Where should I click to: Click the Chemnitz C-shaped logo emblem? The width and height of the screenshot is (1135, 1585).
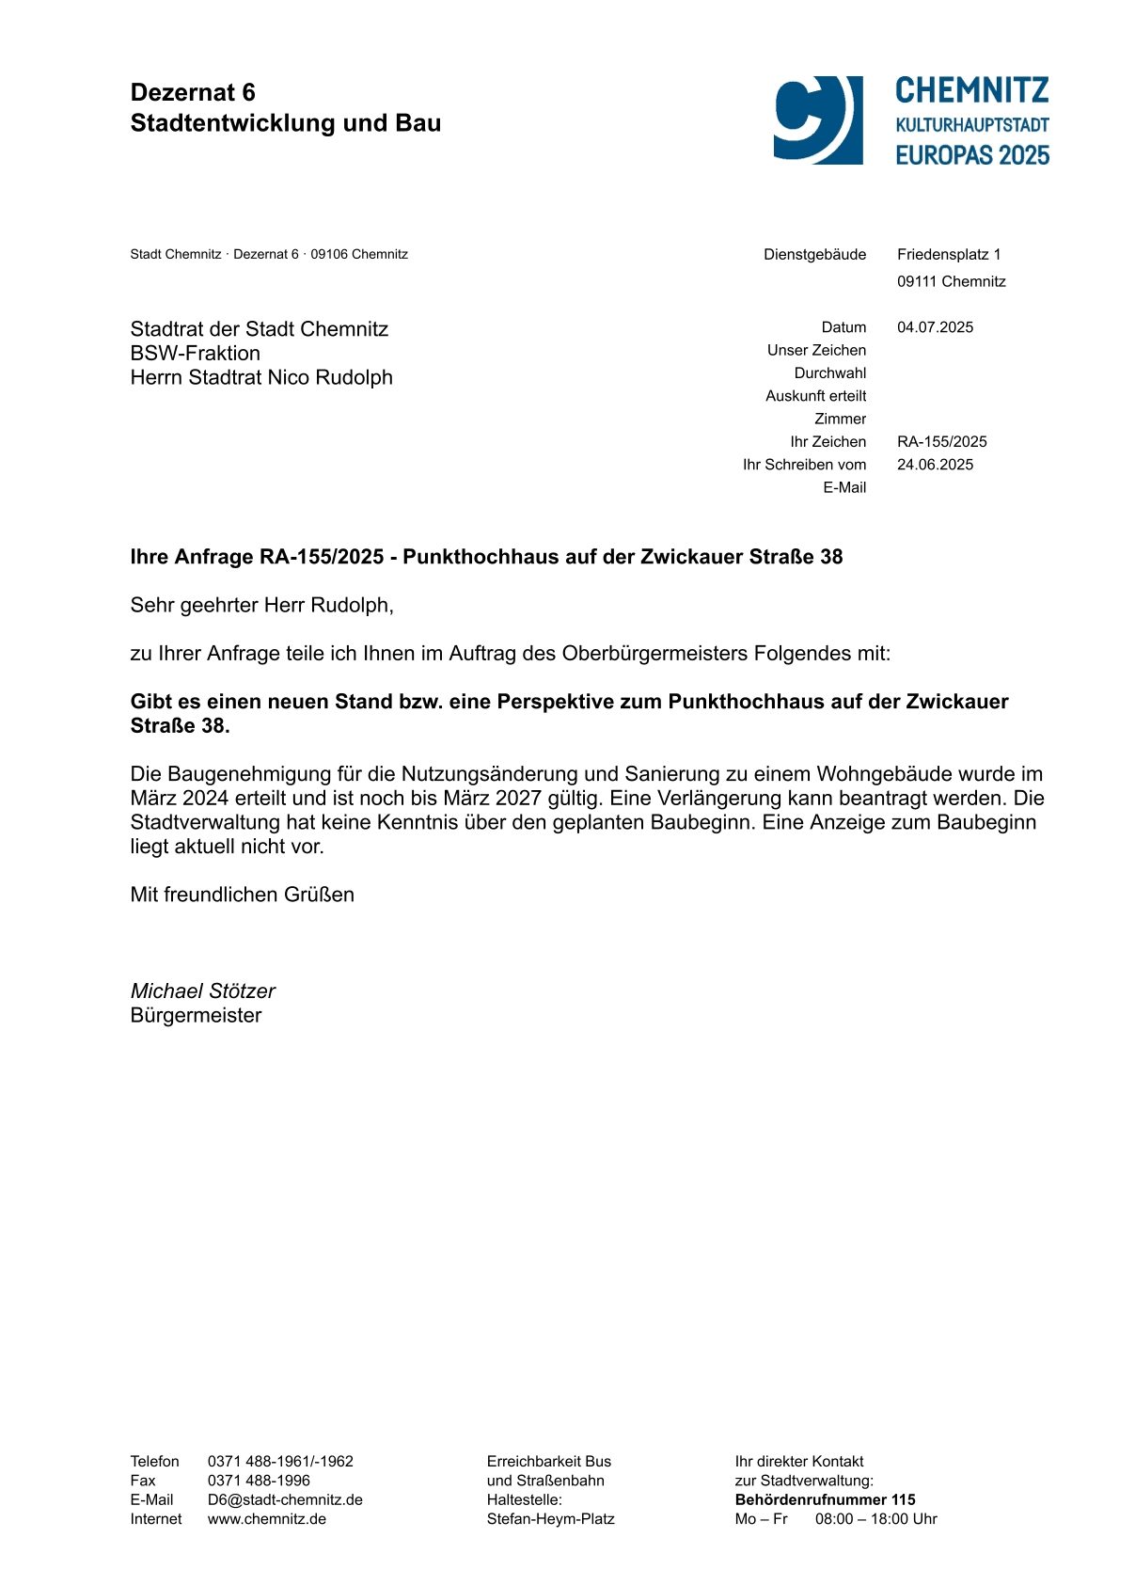817,120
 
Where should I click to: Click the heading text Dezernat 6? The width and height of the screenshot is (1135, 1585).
193,92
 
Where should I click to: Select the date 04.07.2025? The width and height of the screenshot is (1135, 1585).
935,327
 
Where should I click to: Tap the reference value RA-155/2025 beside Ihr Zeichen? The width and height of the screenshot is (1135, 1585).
941,441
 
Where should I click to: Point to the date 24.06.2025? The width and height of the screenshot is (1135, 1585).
935,465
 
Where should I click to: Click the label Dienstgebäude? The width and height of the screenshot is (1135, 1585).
814,254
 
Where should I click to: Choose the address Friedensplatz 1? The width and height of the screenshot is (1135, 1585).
949,254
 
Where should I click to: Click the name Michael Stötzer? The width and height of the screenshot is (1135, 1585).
202,991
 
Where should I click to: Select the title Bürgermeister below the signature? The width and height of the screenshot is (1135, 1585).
196,1016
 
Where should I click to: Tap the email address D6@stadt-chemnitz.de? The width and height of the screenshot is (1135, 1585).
285,1499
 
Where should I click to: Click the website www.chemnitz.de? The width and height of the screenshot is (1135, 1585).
267,1519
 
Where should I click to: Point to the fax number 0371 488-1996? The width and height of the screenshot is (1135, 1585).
259,1481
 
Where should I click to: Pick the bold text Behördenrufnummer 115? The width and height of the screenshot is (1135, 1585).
825,1499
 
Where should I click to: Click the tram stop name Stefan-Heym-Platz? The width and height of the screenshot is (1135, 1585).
550,1519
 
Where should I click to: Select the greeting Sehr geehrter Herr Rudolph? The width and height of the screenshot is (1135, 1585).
261,605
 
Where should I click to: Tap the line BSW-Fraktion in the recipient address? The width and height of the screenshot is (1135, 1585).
196,354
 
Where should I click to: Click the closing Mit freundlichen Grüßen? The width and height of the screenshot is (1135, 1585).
242,895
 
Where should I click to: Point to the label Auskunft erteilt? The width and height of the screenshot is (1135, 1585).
815,396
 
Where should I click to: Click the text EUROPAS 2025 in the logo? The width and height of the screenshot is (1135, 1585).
971,155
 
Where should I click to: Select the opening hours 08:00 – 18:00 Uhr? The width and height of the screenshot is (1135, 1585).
875,1519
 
